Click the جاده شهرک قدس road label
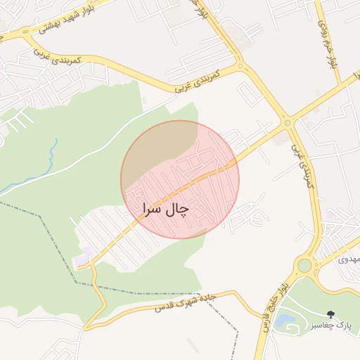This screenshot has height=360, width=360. click(x=181, y=304)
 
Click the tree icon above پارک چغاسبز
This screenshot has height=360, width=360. click(x=330, y=314)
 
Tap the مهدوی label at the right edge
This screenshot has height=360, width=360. click(x=349, y=259)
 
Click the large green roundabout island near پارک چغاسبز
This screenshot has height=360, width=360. click(x=304, y=265)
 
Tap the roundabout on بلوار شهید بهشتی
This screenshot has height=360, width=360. click(x=26, y=32)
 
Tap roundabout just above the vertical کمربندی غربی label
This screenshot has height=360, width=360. click(x=287, y=122)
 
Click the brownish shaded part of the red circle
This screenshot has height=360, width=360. click(x=158, y=144)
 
